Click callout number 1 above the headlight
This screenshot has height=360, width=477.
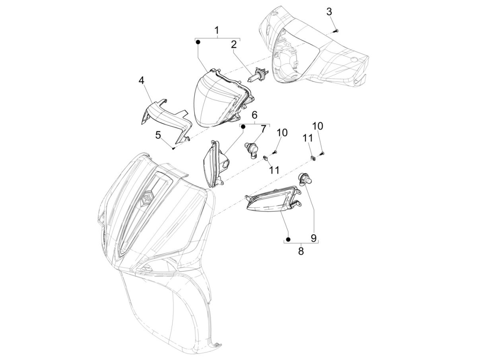[217, 31]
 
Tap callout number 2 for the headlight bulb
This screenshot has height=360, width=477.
[234, 45]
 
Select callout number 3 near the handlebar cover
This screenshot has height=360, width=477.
[329, 12]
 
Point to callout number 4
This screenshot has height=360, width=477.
[141, 81]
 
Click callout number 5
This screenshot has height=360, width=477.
[158, 135]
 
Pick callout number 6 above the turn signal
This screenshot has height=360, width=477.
[254, 115]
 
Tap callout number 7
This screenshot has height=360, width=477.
[263, 129]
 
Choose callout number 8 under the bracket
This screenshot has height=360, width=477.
[301, 251]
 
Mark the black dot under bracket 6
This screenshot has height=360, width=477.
[243, 126]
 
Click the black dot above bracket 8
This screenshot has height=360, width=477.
[288, 239]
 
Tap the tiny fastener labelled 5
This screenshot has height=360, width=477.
[173, 148]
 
